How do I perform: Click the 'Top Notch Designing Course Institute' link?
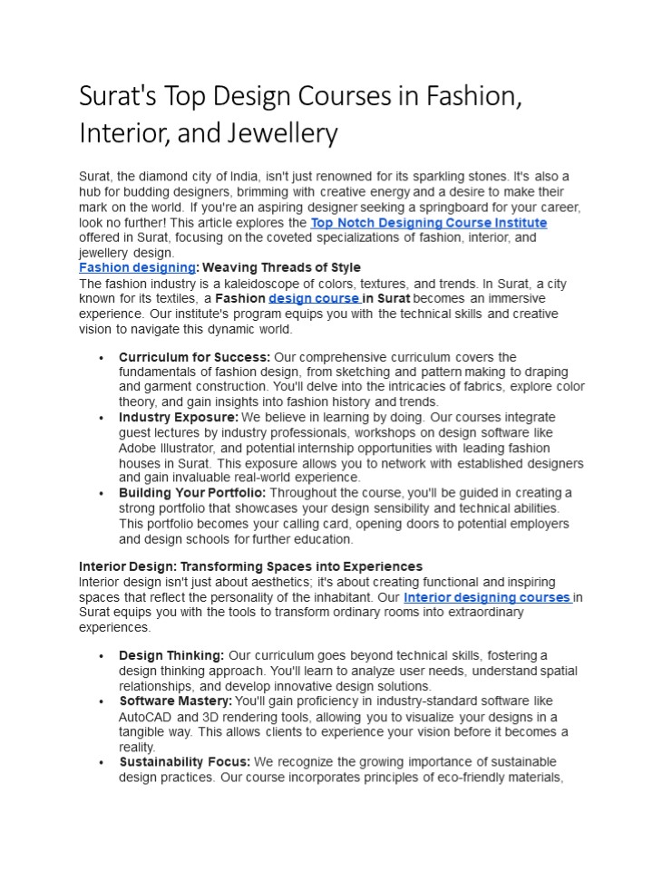tap(428, 223)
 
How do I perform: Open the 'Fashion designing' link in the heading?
tap(137, 267)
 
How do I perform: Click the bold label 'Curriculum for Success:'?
tap(194, 357)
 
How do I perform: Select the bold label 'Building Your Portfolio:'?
tap(192, 492)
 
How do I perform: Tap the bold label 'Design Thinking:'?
tap(171, 655)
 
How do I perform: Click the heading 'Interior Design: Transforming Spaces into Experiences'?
tap(250, 566)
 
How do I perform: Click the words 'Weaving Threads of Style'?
tap(282, 267)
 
